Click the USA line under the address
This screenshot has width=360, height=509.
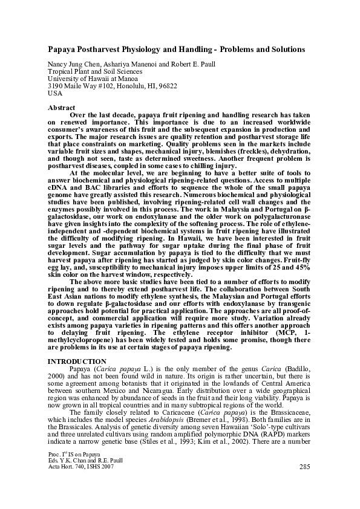tap(54, 94)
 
